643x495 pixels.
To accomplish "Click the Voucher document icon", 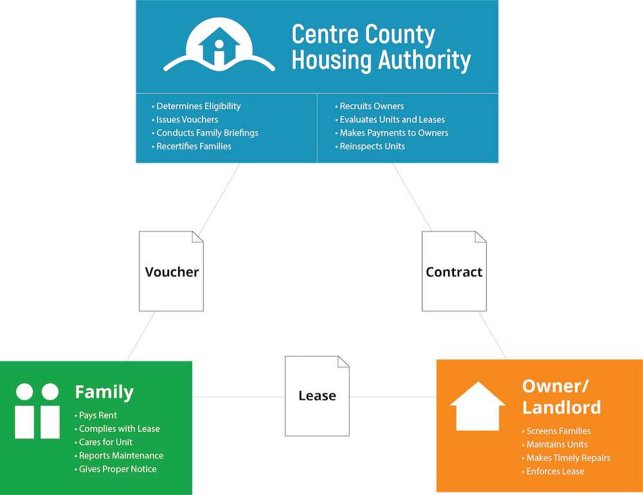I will (172, 271).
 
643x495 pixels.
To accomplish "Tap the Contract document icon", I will (454, 271).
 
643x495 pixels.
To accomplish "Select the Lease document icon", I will (317, 395).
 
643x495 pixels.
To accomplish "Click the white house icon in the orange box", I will (478, 406).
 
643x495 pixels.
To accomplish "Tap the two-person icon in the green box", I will (37, 411).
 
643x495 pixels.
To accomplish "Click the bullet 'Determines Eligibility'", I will (198, 106).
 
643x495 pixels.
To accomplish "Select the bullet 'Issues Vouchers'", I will (187, 120).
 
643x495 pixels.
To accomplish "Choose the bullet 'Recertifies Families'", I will (194, 147).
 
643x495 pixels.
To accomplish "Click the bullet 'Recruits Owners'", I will (372, 106).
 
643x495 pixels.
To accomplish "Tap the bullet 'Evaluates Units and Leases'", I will (392, 120).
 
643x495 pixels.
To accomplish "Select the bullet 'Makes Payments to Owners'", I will (394, 133).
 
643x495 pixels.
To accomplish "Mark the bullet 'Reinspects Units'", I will (372, 147).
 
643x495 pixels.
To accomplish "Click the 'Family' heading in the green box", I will (104, 392).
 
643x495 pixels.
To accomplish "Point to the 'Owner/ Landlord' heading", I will (561, 396).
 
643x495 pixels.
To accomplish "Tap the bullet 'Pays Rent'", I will (98, 415).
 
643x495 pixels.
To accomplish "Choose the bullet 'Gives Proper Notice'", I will (117, 469).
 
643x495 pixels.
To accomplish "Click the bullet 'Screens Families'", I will (558, 431).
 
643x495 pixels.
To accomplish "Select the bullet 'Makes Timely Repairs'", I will (568, 458).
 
